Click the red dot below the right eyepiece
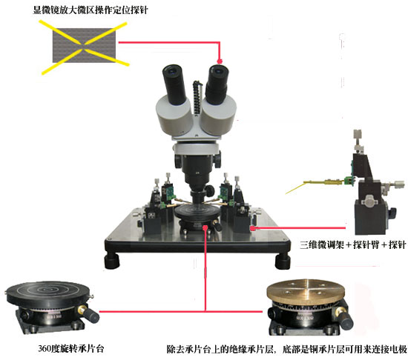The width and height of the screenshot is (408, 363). tap(220, 61)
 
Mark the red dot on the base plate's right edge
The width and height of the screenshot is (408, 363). tap(254, 229)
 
